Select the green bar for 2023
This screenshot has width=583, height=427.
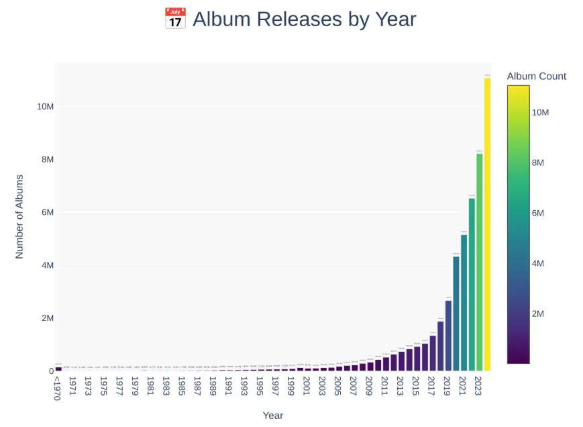pos(479,262)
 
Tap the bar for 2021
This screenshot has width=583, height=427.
pos(464,302)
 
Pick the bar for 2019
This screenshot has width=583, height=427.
pos(448,335)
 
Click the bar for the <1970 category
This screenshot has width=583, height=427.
pos(58,369)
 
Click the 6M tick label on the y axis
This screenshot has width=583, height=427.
pos(44,212)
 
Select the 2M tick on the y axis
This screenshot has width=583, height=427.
pos(44,318)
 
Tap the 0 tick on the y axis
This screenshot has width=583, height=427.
pos(50,371)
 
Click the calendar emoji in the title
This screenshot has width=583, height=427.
pos(174,19)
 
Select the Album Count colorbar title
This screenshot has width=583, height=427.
pos(536,76)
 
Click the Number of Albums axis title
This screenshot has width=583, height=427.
pos(19,216)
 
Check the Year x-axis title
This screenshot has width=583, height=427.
pos(272,416)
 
